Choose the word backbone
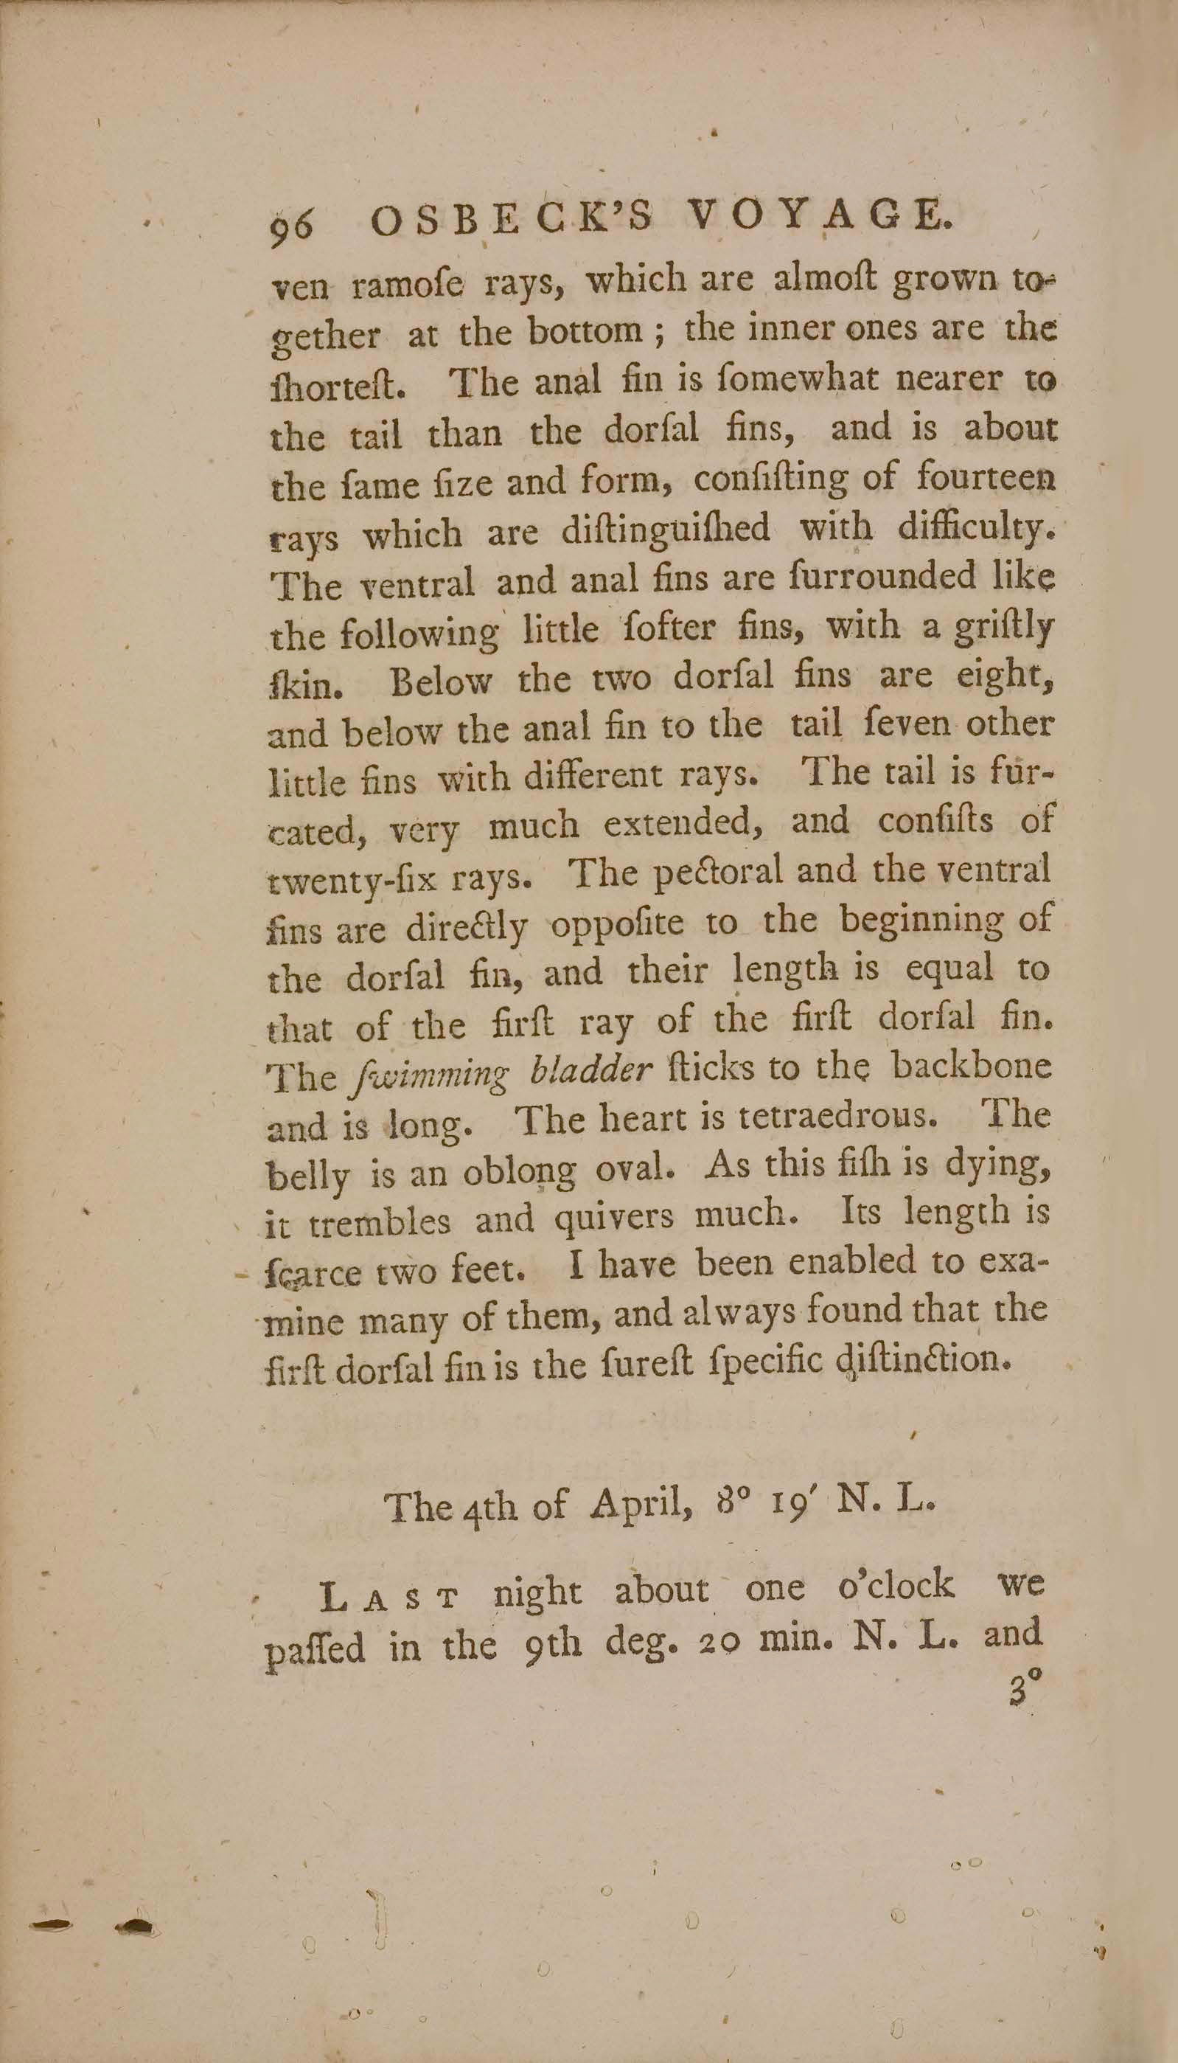tap(971, 1065)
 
